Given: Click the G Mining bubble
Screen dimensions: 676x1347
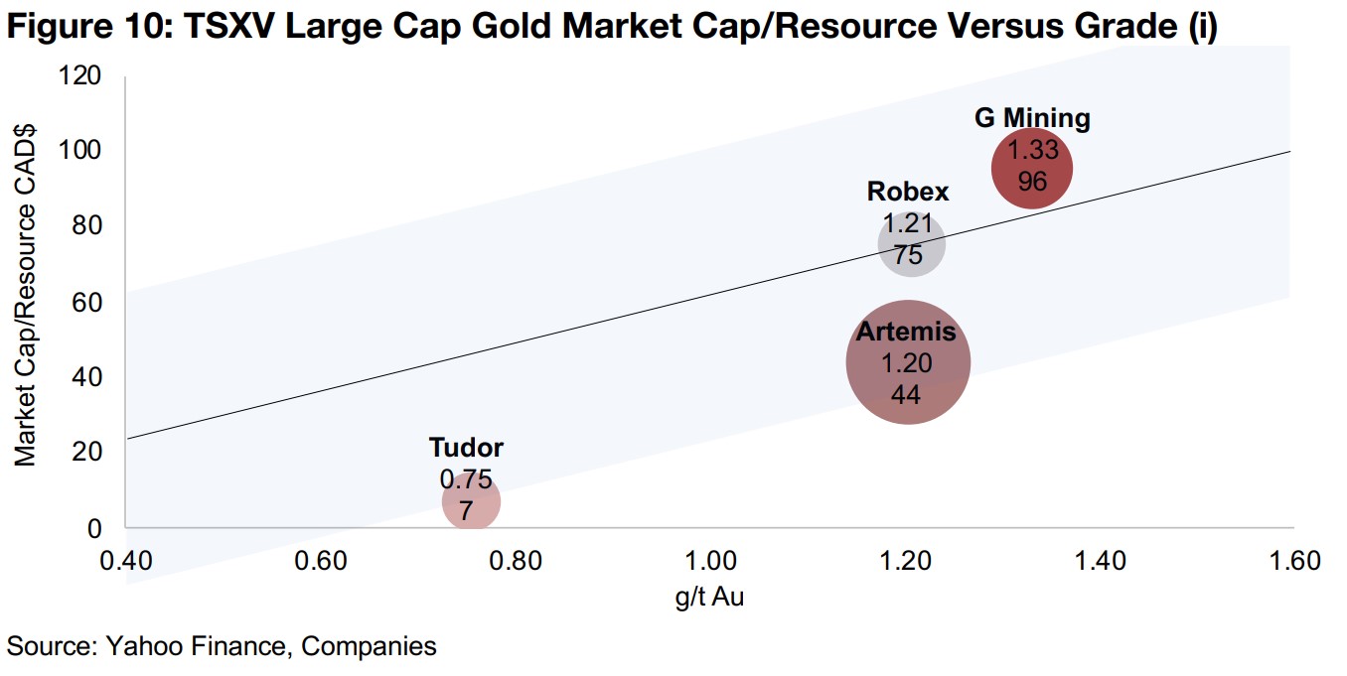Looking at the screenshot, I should click(x=1033, y=170).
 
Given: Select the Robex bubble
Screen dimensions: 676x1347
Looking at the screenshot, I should click(x=911, y=245).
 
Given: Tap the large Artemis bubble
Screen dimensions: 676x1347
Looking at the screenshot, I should click(x=907, y=363).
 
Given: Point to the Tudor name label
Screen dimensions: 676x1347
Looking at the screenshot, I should click(x=466, y=447).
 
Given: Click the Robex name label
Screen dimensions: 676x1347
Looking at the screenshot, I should click(x=908, y=191).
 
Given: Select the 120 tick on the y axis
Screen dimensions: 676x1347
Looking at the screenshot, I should click(x=81, y=74).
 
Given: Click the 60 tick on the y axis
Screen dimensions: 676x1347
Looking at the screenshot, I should click(x=88, y=301).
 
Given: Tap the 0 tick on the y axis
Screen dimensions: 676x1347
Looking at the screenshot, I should click(x=94, y=528).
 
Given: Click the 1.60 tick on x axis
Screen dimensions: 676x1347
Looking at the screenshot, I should click(x=1292, y=561).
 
